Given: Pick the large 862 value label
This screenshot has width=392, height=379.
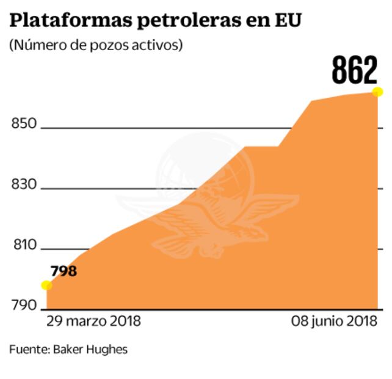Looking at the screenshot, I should click(355, 71).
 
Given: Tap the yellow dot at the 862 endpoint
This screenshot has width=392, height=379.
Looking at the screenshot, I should click(377, 92).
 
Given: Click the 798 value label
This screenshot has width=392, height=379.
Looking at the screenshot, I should click(64, 270).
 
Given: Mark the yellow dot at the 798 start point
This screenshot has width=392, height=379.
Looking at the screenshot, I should click(46, 285).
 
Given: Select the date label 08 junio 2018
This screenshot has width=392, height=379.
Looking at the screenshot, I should click(333, 321).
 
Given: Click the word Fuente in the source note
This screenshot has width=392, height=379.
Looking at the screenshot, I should click(29, 350).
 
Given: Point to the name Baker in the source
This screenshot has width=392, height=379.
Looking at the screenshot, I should click(71, 350).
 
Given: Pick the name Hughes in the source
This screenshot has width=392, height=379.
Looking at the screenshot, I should click(109, 350).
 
